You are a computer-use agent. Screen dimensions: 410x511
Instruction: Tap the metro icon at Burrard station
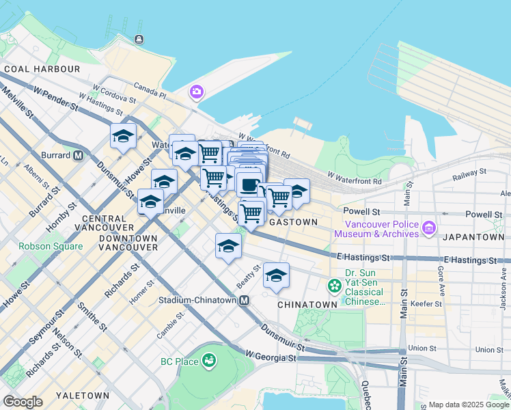click(x=79, y=155)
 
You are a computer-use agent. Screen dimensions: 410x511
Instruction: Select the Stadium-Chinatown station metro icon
click(x=243, y=300)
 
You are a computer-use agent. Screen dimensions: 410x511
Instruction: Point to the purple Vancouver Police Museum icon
click(x=429, y=227)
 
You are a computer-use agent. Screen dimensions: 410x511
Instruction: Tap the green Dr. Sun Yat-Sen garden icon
click(x=335, y=284)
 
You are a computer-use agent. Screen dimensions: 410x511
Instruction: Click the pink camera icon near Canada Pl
click(x=197, y=91)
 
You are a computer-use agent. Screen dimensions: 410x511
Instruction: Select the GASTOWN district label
click(x=294, y=222)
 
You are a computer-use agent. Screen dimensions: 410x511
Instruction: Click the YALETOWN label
click(x=83, y=396)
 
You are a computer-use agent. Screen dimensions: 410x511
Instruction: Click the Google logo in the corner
click(x=23, y=402)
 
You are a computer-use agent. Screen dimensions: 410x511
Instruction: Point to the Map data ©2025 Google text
click(x=468, y=405)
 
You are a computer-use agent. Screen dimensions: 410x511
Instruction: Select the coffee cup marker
click(x=249, y=184)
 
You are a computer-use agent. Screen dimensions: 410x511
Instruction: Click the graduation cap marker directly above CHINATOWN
click(x=276, y=275)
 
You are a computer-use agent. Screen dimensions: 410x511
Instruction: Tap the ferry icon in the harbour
click(x=140, y=39)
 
